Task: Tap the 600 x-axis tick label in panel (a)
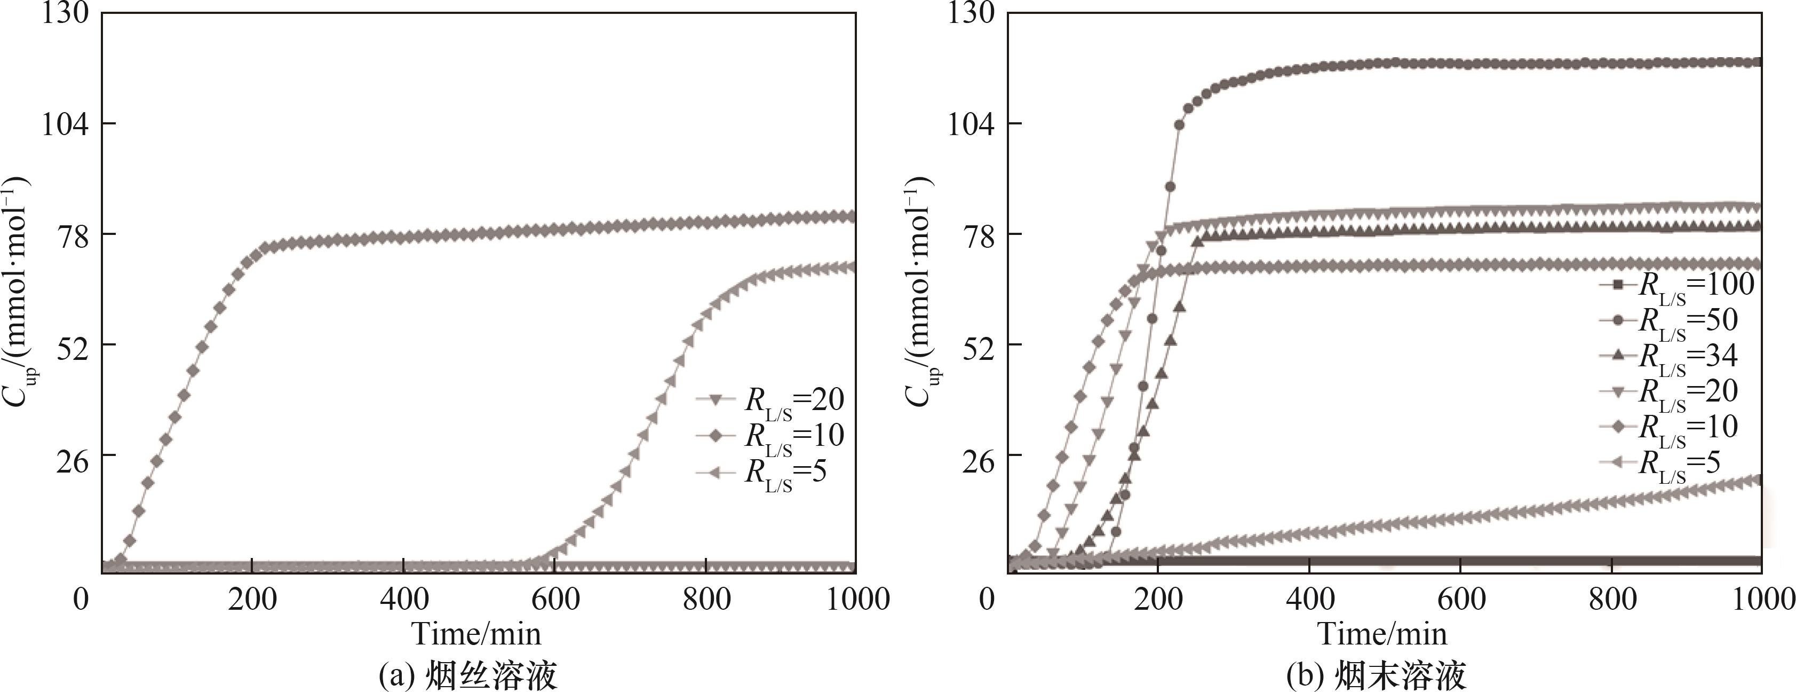[x=555, y=599]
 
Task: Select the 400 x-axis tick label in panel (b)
[x=1309, y=599]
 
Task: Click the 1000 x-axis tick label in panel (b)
[x=1763, y=599]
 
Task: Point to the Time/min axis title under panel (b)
[x=1382, y=633]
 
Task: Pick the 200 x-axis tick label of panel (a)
[x=252, y=599]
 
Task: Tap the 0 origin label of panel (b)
[x=987, y=599]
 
